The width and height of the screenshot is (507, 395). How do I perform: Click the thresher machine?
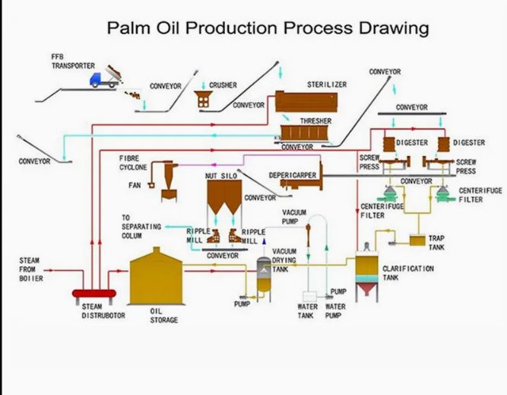pyautogui.click(x=307, y=133)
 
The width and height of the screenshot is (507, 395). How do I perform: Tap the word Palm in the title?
pyautogui.click(x=130, y=30)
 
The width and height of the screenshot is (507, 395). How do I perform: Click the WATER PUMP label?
pyautogui.click(x=335, y=311)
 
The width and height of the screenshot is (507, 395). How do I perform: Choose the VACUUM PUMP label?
pyautogui.click(x=294, y=217)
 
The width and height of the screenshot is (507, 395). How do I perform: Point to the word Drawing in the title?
pyautogui.click(x=390, y=30)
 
